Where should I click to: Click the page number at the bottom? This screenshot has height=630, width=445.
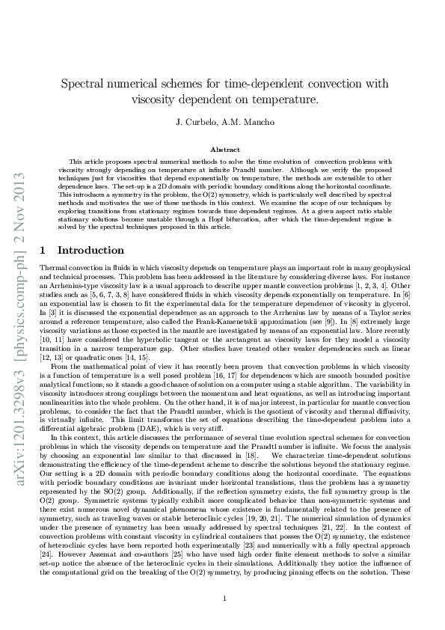pos(223,599)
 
